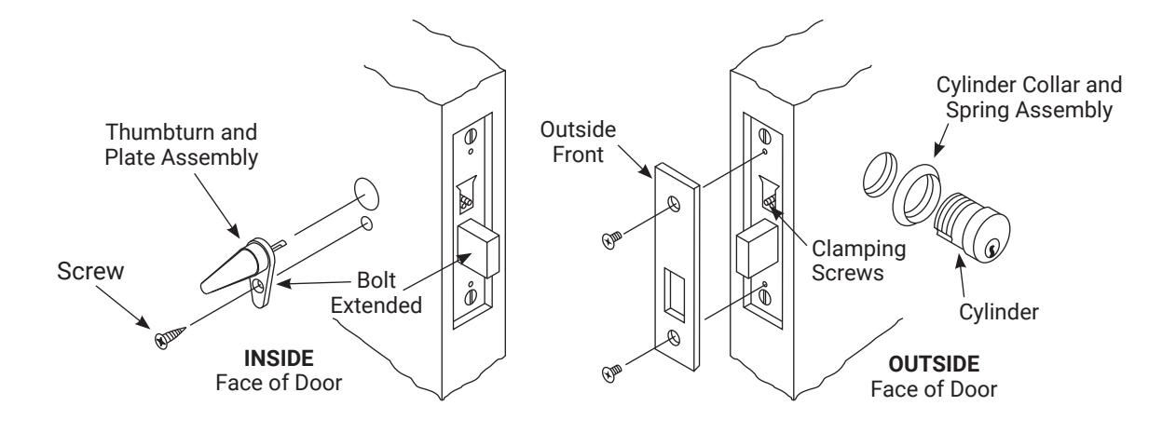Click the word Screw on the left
[90, 271]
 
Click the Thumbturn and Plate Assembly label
[181, 145]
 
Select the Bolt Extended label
[376, 293]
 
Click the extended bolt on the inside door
[478, 248]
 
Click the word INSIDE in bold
[279, 359]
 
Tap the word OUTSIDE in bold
[934, 364]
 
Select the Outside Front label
[578, 142]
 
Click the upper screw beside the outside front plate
[611, 239]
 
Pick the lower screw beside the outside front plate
[611, 373]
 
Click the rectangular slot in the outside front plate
[674, 294]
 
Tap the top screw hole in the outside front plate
[674, 204]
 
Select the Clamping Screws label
[858, 261]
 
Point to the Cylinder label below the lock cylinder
[999, 312]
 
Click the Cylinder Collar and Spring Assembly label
[1029, 98]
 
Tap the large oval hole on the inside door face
[366, 194]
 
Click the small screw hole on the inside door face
[367, 223]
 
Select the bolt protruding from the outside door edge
[757, 249]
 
